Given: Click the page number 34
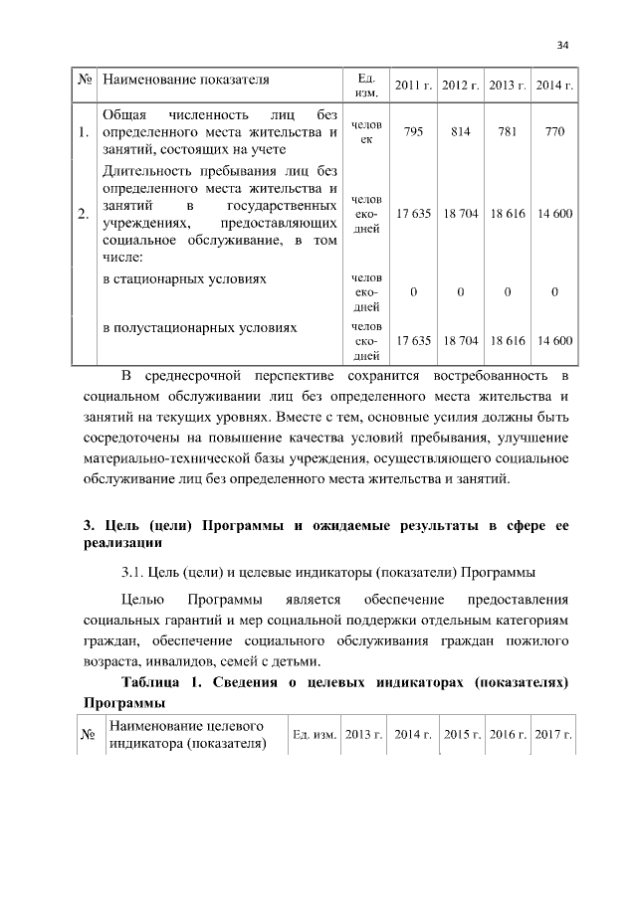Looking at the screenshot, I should (562, 45).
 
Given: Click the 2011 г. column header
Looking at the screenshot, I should (412, 85).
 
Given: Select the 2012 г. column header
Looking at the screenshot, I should (460, 85).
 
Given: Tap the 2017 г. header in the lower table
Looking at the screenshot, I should (554, 734).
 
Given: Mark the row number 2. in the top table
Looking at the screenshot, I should (83, 214).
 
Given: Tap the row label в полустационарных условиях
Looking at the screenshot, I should (200, 326).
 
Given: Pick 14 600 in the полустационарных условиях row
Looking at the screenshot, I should (554, 340).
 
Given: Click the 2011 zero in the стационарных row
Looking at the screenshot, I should (412, 292).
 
